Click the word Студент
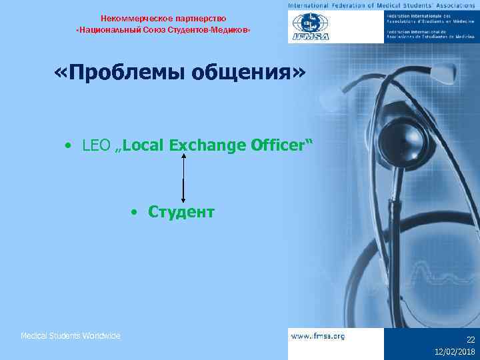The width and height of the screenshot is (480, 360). pos(181,212)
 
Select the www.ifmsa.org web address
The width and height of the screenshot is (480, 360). pos(318,337)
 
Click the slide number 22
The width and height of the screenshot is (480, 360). pos(470,339)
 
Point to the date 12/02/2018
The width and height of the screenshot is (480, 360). pos(456,351)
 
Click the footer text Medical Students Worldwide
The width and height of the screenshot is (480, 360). pos(71,336)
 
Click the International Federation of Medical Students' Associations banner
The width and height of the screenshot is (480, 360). pos(383,5)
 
